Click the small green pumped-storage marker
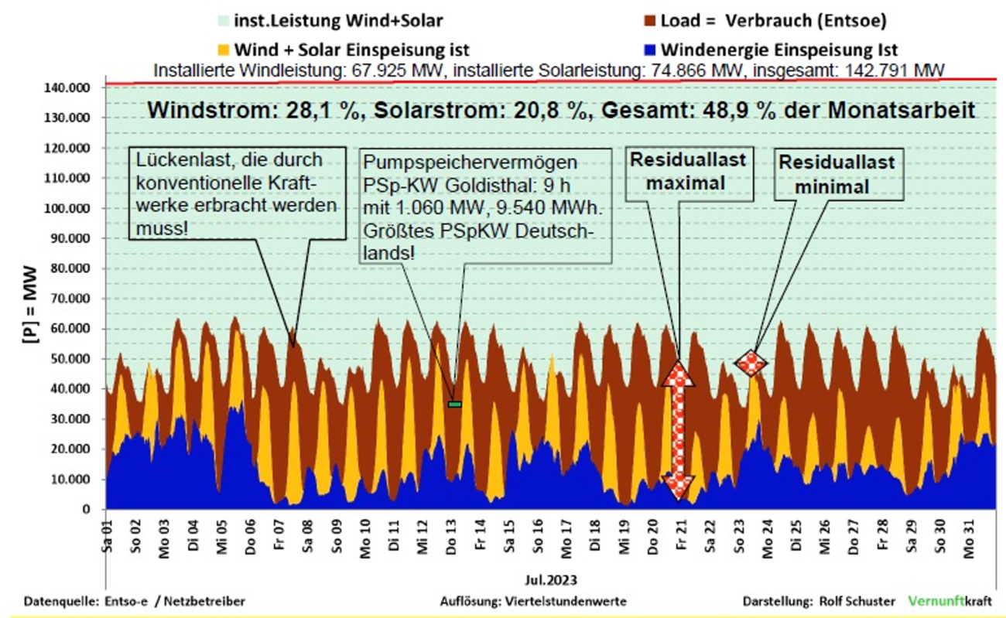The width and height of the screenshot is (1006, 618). point(454,404)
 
